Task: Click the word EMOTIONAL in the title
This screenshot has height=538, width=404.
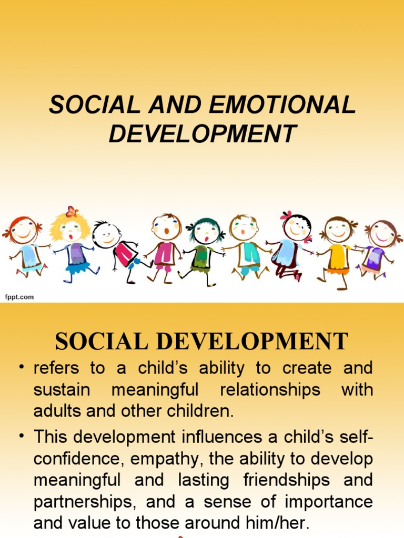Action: (282, 106)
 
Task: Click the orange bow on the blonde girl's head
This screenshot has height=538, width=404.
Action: (72, 212)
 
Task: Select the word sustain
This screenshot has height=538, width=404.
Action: (62, 390)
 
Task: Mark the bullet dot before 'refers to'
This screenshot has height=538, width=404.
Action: (22, 368)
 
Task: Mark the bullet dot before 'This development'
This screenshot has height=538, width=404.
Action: (22, 437)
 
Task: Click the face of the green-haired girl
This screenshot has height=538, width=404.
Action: (206, 232)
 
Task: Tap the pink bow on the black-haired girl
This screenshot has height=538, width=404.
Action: (286, 215)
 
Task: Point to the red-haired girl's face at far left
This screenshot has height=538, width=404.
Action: (23, 231)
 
